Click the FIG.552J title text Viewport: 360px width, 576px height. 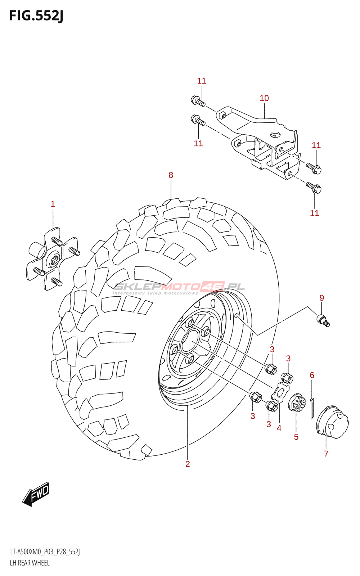(x=36, y=16)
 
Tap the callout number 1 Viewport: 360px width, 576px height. (x=53, y=204)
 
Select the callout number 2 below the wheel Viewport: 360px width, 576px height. (x=188, y=464)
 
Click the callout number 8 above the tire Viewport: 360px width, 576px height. (x=171, y=175)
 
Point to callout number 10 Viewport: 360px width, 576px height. (x=264, y=98)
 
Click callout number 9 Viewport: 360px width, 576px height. (x=321, y=298)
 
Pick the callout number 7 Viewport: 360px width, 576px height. (x=326, y=454)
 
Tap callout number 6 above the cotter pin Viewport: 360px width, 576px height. (x=312, y=375)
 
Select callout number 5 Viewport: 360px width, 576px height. (x=296, y=437)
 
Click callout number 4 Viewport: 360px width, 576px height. (x=279, y=428)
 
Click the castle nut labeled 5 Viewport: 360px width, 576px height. (x=297, y=403)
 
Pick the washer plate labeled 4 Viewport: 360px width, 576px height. (x=280, y=392)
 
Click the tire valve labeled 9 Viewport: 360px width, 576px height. (x=323, y=320)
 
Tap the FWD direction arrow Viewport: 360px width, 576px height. (x=36, y=494)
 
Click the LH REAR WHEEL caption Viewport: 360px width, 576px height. (x=30, y=563)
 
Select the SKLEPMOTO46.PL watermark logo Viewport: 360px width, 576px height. (x=179, y=287)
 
